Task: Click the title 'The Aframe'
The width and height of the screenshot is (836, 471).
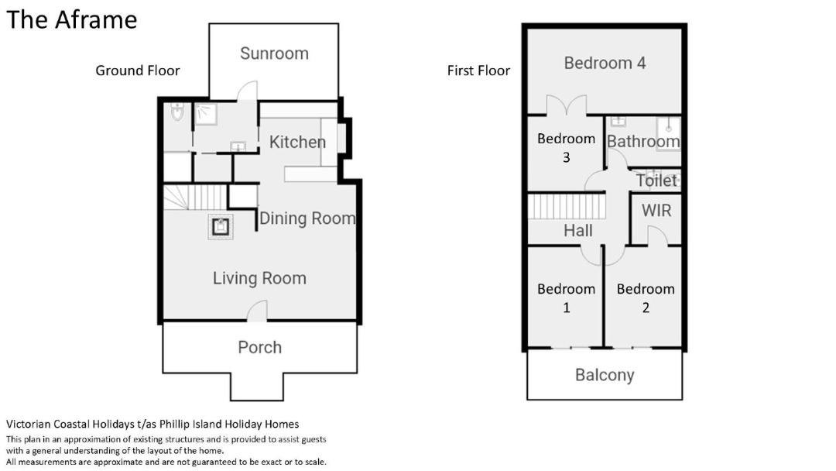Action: pos(71,19)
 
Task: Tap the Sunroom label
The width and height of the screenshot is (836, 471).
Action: pos(274,53)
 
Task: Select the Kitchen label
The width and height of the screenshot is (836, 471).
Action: pos(297,142)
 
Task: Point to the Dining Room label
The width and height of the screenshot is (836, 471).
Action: pos(307,218)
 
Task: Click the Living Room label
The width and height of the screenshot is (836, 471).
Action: pos(259,278)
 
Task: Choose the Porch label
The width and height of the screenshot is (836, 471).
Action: pos(259,347)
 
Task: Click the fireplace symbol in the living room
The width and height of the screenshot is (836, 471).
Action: pos(220,227)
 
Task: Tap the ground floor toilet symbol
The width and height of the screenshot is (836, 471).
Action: pos(177,112)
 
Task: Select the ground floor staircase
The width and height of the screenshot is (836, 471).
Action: pos(195,198)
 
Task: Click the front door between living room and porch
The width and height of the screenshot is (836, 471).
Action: pos(258,311)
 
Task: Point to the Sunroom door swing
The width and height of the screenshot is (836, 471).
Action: pos(248,91)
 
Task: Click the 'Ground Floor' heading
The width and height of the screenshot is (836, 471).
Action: pos(138,70)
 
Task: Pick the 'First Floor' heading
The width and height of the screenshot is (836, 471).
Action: pos(478,70)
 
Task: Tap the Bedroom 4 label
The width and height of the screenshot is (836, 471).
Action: pos(605,63)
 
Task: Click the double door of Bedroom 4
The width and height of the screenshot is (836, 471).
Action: pos(566,105)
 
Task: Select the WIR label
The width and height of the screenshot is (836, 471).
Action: pos(656,211)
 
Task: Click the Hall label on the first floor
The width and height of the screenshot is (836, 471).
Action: pos(578,230)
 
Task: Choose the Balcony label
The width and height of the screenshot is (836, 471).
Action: pos(605,375)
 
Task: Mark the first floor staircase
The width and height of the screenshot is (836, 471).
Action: pos(567,206)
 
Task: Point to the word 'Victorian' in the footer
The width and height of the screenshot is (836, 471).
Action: pos(28,424)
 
